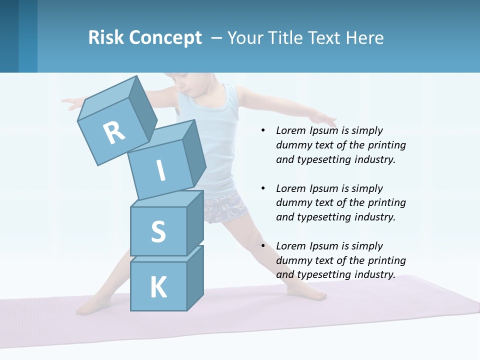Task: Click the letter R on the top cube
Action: click(x=114, y=133)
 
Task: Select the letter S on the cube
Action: click(x=158, y=231)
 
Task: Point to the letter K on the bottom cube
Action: click(x=158, y=287)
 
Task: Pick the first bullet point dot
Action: click(x=263, y=131)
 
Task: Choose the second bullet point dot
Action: click(x=263, y=188)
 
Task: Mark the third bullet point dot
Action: click(x=263, y=246)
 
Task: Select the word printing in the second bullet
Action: click(x=386, y=203)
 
